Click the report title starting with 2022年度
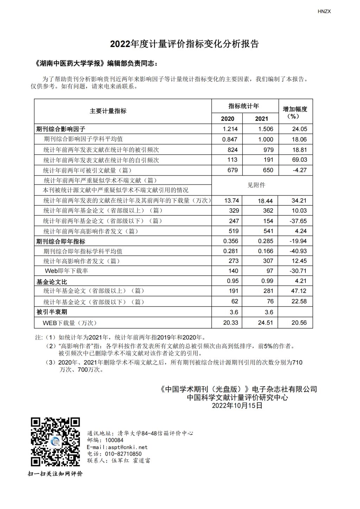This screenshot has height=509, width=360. pos(184,44)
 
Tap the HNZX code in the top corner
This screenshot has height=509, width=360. pos(324,11)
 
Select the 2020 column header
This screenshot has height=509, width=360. pos(227,118)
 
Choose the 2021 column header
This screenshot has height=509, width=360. pos(261,118)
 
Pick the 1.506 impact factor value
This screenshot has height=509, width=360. pos(265,129)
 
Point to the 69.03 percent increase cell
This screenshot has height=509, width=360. pos(299,160)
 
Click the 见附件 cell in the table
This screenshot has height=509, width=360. pos(256,185)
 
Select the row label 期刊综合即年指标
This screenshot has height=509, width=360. pos(61,241)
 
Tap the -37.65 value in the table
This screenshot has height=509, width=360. pos(298,221)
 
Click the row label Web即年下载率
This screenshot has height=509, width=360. pos(66,271)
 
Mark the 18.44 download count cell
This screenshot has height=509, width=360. pos(265,200)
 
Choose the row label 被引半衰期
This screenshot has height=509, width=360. pos(52,312)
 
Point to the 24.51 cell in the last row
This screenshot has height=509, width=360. pos(265,323)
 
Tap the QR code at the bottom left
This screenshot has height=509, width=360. pos(55,442)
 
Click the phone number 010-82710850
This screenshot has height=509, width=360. pos(123,454)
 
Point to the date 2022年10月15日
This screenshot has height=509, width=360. pos(237,405)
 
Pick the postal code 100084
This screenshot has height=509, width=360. pos(114,440)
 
